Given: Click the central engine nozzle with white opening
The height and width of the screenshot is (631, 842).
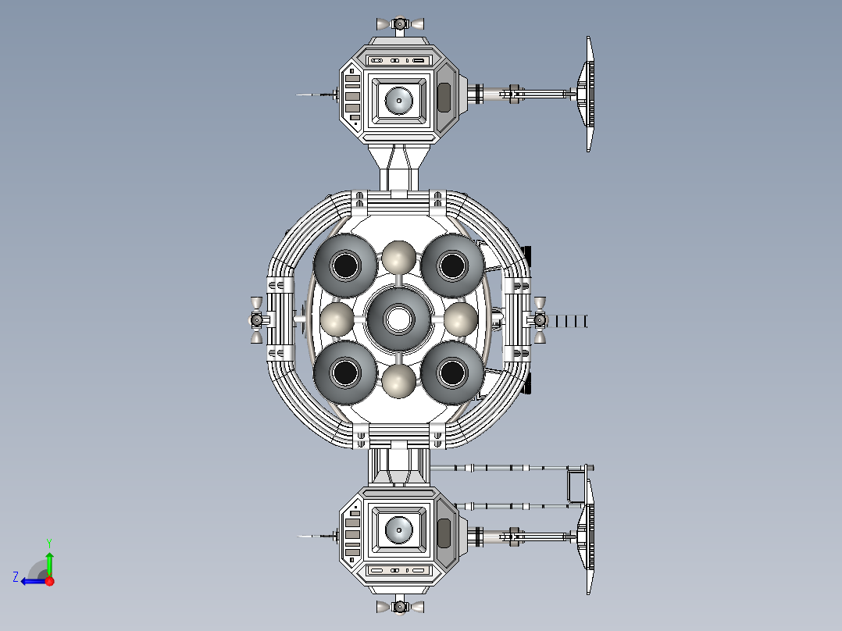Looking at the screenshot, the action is (398, 319).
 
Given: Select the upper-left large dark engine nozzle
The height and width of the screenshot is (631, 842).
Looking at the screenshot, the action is (345, 266).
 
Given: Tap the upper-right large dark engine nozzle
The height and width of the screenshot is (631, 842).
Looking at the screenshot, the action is (452, 266).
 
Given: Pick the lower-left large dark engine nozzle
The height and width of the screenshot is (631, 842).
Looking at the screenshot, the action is (345, 373).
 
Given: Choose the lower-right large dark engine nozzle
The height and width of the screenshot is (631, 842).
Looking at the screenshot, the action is (452, 373).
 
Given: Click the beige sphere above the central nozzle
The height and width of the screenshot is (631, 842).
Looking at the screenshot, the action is (398, 258).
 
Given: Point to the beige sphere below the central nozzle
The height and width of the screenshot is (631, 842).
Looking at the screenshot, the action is (398, 381).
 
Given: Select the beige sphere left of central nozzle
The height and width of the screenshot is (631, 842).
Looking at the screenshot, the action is (337, 319).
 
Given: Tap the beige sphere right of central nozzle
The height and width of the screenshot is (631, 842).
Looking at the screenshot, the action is (460, 319).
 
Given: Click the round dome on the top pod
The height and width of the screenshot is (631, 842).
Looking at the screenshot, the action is (399, 101).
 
